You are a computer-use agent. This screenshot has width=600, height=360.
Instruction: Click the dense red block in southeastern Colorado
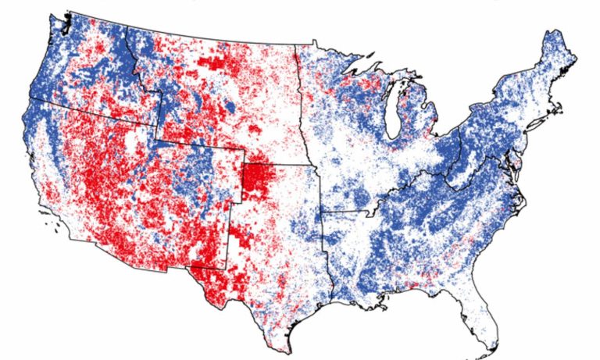click(x=255, y=179)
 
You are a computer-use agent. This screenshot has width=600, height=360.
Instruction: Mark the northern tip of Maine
click(x=556, y=33)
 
